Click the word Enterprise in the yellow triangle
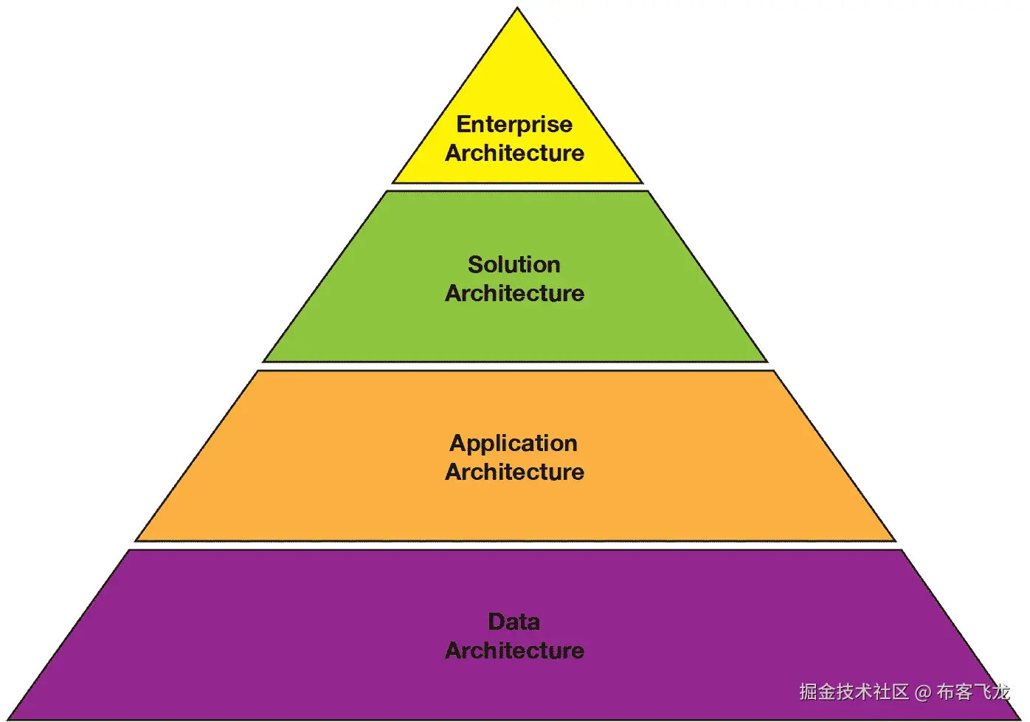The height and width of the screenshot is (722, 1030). pyautogui.click(x=514, y=124)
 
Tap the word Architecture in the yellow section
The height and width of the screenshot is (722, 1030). pyautogui.click(x=514, y=153)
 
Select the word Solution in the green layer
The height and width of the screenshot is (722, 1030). pyautogui.click(x=514, y=264)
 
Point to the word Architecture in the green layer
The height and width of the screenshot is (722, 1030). pyautogui.click(x=514, y=293)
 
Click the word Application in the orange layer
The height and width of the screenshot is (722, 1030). pyautogui.click(x=514, y=443)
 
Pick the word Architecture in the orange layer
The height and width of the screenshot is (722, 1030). pyautogui.click(x=514, y=472)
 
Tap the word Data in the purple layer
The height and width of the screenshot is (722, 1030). pyautogui.click(x=514, y=622)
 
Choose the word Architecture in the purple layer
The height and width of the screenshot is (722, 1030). pyautogui.click(x=514, y=650)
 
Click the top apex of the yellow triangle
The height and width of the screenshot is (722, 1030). pyautogui.click(x=517, y=10)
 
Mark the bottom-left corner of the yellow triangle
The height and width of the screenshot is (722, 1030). pyautogui.click(x=394, y=182)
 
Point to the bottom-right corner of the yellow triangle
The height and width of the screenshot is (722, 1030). pyautogui.click(x=641, y=182)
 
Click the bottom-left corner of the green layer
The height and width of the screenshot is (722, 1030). pyautogui.click(x=264, y=361)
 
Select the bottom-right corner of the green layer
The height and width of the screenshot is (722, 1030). pyautogui.click(x=766, y=361)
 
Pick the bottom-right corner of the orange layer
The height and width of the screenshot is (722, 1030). pyautogui.click(x=894, y=540)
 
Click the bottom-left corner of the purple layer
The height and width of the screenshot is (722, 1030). pyautogui.click(x=10, y=718)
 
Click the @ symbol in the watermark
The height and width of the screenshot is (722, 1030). pyautogui.click(x=922, y=692)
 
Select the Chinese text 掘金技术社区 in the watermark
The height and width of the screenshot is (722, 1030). pyautogui.click(x=854, y=692)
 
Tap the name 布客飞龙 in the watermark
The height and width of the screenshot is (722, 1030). pyautogui.click(x=972, y=692)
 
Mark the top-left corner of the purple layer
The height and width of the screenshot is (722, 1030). pyautogui.click(x=130, y=551)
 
